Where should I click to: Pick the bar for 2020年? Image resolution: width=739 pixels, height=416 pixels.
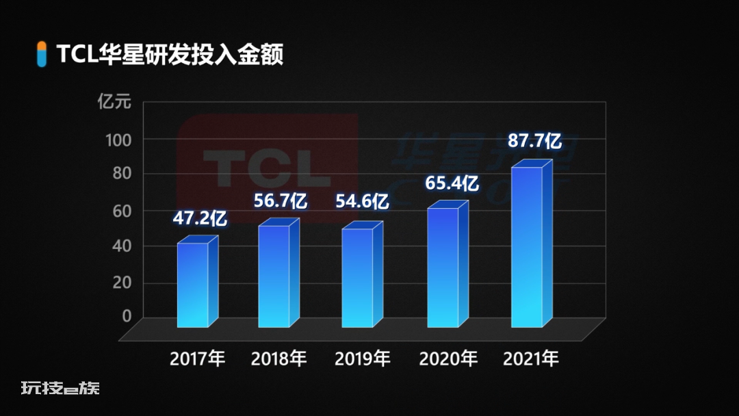(443, 267)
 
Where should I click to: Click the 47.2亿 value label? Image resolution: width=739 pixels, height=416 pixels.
(199, 218)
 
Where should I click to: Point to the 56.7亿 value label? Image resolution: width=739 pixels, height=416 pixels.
(281, 200)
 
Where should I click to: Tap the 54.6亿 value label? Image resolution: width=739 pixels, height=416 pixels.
(362, 202)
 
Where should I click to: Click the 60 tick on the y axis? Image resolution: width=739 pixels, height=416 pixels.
(121, 211)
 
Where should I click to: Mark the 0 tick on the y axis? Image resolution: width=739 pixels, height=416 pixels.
(126, 315)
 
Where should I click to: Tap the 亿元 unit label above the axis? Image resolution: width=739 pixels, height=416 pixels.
(114, 103)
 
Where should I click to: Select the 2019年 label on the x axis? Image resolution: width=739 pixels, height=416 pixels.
(363, 358)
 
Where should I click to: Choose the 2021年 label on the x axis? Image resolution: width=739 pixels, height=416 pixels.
(531, 358)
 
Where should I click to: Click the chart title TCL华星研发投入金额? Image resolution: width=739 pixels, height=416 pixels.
(170, 55)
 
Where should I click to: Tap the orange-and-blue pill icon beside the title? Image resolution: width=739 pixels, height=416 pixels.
(42, 54)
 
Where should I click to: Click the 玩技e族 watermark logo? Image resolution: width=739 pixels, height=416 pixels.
(60, 388)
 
